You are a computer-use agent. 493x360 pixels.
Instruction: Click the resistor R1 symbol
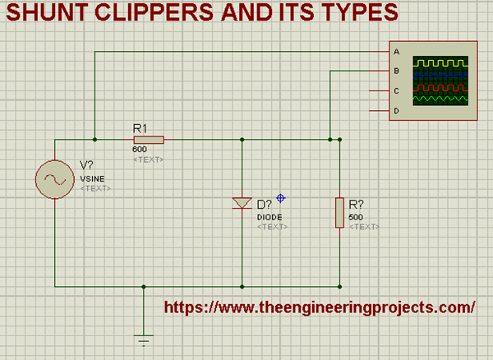149,140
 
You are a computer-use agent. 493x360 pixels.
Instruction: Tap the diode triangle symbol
242,203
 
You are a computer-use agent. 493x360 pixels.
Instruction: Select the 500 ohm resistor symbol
339,211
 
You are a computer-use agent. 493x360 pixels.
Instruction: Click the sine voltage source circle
55,179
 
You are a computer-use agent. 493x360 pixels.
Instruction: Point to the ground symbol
144,338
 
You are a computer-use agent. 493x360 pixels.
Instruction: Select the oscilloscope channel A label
397,52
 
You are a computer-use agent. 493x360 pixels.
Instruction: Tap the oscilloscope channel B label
397,72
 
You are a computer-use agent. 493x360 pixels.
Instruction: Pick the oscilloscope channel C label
397,91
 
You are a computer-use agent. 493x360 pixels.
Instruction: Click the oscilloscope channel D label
397,111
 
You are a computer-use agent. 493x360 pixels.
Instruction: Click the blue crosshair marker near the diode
280,198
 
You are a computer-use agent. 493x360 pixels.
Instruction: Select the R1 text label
140,128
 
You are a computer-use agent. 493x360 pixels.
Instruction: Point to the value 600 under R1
139,150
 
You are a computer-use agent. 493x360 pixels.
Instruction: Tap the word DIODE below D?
270,216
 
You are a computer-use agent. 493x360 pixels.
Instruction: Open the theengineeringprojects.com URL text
320,307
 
